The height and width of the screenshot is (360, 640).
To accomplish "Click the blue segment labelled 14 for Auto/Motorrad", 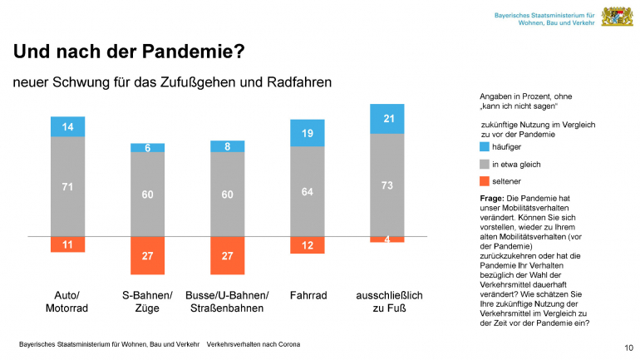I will click(67, 126).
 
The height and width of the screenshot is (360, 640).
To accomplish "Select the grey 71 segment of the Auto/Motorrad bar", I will click(67, 186).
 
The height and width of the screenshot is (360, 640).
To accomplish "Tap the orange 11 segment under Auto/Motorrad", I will click(67, 244).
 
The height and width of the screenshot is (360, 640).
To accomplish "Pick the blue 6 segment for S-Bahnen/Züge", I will click(147, 148).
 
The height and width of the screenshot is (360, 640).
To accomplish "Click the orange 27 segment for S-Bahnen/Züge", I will click(147, 255).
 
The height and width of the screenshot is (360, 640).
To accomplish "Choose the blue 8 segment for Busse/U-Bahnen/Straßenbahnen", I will click(227, 146).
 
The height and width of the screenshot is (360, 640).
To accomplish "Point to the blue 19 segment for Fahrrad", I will click(307, 133).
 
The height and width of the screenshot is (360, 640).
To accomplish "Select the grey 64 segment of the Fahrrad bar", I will click(307, 191).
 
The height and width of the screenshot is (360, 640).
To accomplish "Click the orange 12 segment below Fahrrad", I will click(307, 245).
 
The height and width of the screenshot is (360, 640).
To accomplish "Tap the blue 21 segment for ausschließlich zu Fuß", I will click(386, 119).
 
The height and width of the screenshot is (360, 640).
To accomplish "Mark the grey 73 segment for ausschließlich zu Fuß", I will click(386, 185).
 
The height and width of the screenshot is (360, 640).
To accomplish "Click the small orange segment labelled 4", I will click(386, 239).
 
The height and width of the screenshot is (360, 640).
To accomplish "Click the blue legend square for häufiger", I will click(485, 145).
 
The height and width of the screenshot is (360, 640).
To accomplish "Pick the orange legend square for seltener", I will click(485, 180).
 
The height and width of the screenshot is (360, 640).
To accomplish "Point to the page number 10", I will click(628, 347).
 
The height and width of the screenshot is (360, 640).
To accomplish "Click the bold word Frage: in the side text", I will click(494, 200).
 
